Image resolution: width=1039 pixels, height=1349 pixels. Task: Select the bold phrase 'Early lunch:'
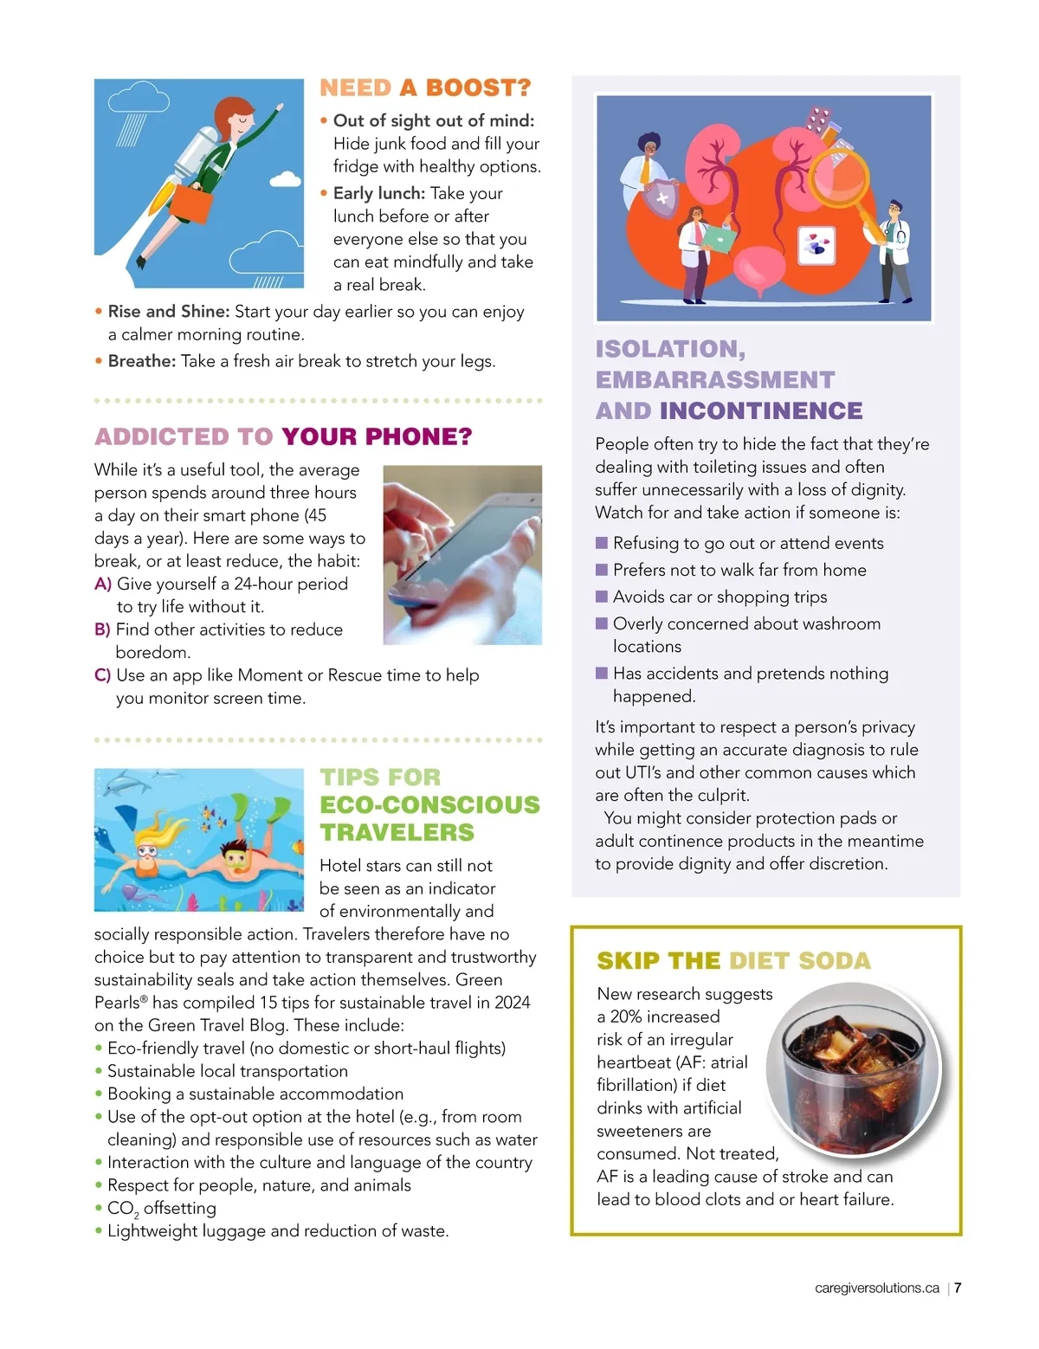coord(378,193)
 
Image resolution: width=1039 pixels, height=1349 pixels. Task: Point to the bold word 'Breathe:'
coord(142,361)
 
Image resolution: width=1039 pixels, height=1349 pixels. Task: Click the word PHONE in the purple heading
coord(417,436)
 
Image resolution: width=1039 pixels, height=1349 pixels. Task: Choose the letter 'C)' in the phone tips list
coord(102,675)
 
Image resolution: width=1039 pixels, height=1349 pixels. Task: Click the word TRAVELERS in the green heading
coord(397,832)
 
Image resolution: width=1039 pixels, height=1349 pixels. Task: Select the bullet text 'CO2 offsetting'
coord(162,1209)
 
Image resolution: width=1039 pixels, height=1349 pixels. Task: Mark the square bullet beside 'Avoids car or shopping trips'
coord(602,597)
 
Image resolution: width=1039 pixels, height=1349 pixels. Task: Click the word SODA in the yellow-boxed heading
coord(834,960)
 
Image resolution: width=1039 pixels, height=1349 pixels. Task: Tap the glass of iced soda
coord(852,1074)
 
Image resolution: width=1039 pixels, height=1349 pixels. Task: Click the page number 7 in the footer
coord(958,1288)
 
